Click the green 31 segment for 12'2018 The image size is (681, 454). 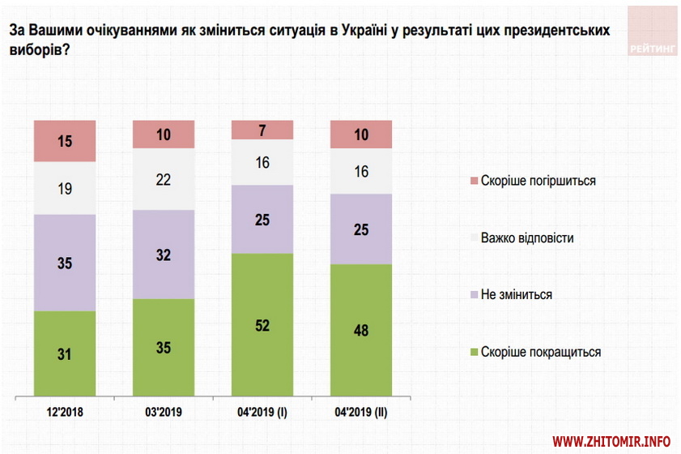tap(65, 355)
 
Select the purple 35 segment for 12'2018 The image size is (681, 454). tap(65, 263)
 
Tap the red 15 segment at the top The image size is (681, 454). tap(65, 141)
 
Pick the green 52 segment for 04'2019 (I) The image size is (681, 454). tap(262, 326)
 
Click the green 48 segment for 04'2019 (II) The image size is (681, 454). tap(361, 331)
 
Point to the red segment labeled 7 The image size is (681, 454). tap(262, 130)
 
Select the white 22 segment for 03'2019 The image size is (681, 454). tap(164, 179)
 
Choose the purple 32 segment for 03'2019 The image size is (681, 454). tap(164, 254)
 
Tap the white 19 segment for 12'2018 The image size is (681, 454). tap(65, 188)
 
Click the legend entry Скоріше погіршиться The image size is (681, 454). tap(538, 181)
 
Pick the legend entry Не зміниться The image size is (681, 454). tap(516, 294)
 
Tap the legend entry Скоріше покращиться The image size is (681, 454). tap(540, 352)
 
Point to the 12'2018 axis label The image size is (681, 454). tap(65, 412)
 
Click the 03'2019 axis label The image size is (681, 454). tap(164, 412)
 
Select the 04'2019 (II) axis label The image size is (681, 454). tap(361, 412)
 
